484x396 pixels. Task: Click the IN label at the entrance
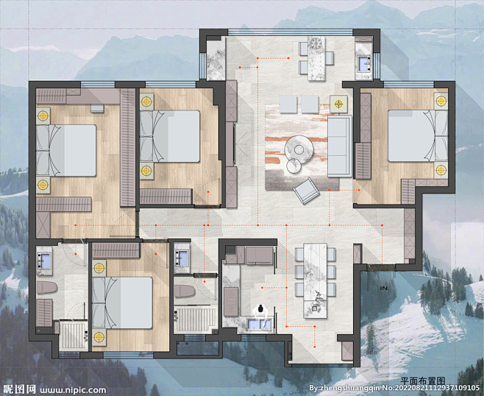[x=384, y=289]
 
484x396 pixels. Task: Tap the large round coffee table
[x=299, y=149]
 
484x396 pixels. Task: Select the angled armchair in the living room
[x=306, y=191]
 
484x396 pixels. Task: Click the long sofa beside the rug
[x=340, y=146]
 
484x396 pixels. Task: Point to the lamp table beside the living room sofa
[x=338, y=104]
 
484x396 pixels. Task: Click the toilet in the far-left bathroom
[x=47, y=288]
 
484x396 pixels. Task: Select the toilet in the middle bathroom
[x=185, y=291]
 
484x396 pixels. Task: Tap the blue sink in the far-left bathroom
[x=45, y=260]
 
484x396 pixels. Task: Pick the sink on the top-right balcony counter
[x=365, y=63]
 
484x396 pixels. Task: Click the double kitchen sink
[x=260, y=325]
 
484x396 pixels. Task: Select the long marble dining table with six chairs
[x=315, y=280]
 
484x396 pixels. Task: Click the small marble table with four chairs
[x=316, y=58]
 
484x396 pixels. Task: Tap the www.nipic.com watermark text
[x=73, y=390]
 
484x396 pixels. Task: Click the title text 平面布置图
[x=422, y=381]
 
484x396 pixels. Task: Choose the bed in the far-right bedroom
[x=418, y=135]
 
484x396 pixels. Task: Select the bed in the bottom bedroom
[x=122, y=303]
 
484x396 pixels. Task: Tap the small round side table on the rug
[x=293, y=166]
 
